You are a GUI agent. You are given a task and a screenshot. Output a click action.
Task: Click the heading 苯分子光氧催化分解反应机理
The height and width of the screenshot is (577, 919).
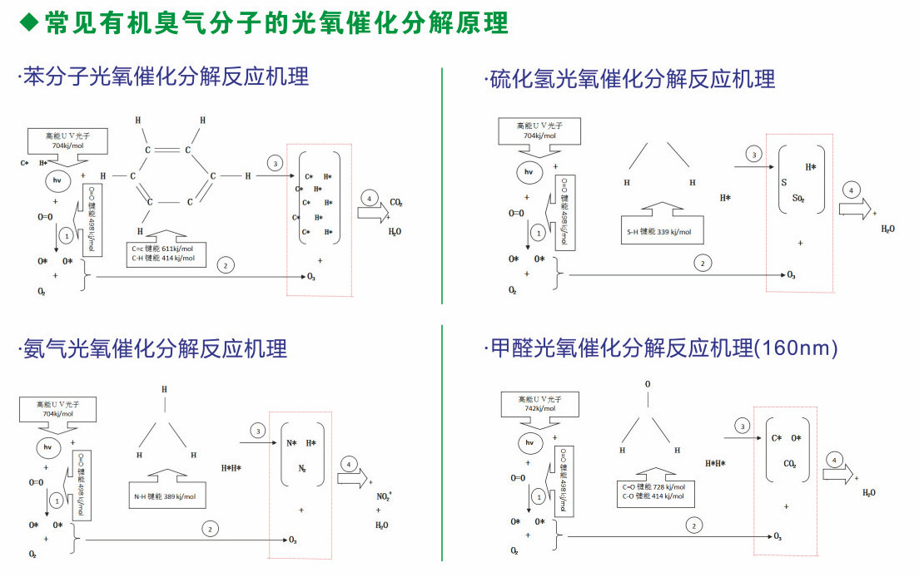(x=165, y=76)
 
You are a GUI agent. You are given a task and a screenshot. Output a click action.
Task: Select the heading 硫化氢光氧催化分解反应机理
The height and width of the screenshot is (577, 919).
(x=630, y=79)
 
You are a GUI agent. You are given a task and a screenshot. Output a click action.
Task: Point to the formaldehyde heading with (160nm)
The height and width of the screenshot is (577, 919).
(x=661, y=348)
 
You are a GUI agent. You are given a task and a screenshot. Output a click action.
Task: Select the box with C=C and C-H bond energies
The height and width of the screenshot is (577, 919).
(x=163, y=253)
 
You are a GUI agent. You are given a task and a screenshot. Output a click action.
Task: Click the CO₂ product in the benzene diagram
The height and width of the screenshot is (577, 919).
(x=397, y=201)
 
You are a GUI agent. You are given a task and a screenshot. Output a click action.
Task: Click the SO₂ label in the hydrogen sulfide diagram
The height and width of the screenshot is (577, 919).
(x=797, y=200)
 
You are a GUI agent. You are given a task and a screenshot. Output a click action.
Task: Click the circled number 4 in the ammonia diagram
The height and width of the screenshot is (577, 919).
(x=349, y=463)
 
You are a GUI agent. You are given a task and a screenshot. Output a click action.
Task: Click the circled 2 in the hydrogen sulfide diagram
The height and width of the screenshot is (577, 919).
(x=703, y=264)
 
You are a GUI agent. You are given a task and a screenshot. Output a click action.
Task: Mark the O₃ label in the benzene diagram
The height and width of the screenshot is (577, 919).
(x=312, y=276)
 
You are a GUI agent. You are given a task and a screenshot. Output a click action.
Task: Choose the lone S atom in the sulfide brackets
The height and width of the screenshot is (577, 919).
(x=783, y=182)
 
